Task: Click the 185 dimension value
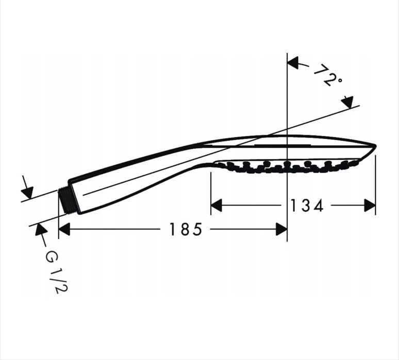tap(186, 229)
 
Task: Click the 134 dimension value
tap(307, 205)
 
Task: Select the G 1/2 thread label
tap(57, 271)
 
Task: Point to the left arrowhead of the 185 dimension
tap(64, 229)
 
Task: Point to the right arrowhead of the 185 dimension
tap(281, 229)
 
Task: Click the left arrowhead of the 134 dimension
tap(217, 205)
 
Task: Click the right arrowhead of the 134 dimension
tap(370, 205)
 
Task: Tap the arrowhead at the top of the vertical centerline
tap(293, 62)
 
